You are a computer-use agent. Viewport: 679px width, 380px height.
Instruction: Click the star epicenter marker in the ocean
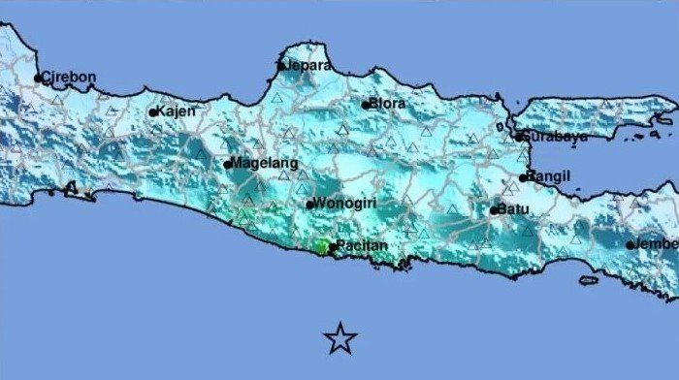click(x=340, y=337)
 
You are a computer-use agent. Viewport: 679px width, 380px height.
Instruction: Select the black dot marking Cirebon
click(x=38, y=79)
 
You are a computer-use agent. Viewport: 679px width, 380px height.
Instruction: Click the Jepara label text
click(x=307, y=65)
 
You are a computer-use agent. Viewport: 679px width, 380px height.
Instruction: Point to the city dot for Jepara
click(x=281, y=66)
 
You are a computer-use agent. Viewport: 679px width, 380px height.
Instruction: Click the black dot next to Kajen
click(x=152, y=112)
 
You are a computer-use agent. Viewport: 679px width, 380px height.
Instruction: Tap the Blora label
click(x=389, y=103)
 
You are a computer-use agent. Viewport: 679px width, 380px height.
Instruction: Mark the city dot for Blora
click(x=366, y=105)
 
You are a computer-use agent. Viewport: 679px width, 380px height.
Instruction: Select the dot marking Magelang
click(x=228, y=164)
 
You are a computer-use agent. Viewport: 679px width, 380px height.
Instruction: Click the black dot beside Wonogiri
click(x=309, y=205)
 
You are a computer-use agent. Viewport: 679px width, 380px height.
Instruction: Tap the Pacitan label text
click(x=362, y=245)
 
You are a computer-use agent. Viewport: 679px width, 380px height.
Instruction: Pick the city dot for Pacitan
click(x=332, y=246)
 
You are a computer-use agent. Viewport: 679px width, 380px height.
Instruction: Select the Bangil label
click(x=550, y=175)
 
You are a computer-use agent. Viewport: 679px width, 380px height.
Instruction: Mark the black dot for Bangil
click(x=523, y=177)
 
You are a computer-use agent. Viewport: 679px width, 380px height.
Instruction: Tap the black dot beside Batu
click(x=494, y=209)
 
